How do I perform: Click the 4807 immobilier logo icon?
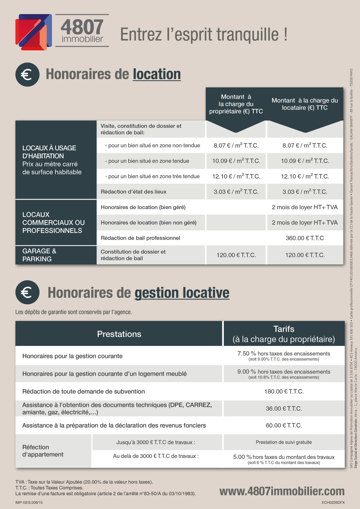[33, 31]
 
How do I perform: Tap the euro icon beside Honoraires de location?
[27, 75]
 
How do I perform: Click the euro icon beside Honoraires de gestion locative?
[27, 292]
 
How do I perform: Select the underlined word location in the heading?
[157, 74]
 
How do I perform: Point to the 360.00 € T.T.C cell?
[304, 238]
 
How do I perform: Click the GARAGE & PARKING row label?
[39, 255]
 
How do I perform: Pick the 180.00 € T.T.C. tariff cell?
[284, 391]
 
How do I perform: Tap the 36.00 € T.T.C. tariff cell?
[284, 409]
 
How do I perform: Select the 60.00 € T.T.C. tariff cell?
[284, 425]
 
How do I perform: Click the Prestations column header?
[119, 334]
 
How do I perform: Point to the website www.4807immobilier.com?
[282, 491]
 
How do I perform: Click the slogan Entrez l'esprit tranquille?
[204, 34]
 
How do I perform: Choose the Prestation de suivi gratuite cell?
[284, 442]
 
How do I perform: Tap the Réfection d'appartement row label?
[43, 451]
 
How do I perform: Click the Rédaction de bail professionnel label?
[140, 238]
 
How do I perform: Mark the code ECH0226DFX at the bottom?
[333, 502]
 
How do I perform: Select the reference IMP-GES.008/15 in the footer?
[29, 502]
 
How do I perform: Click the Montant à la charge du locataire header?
[305, 104]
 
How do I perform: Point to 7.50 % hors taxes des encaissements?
[284, 354]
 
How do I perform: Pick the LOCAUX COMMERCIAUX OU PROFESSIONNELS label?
[53, 223]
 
